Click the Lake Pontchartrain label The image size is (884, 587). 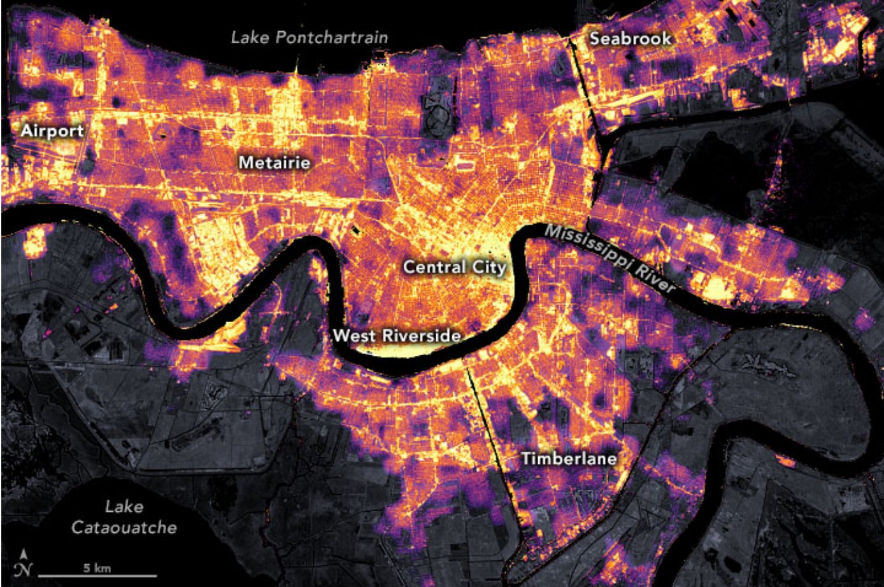(309, 37)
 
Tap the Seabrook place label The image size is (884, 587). (630, 39)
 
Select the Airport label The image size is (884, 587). (52, 131)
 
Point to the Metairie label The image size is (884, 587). (274, 163)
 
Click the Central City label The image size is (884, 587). (455, 267)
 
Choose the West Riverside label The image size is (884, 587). (397, 336)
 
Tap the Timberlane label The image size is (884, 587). (569, 459)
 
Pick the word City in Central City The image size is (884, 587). (490, 267)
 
